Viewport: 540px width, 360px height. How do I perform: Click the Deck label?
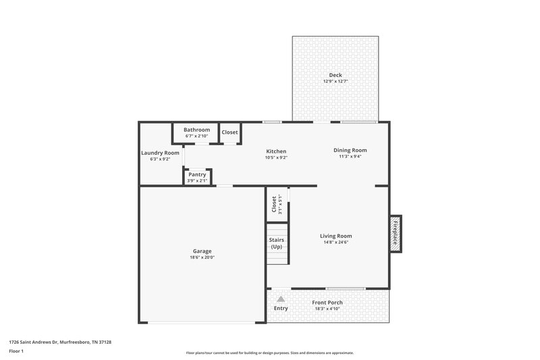[x=335, y=75]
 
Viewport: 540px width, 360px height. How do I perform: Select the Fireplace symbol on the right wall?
[x=396, y=234]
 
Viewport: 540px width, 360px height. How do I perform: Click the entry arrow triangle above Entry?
[x=281, y=297]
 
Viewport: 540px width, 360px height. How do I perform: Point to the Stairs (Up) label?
[x=277, y=243]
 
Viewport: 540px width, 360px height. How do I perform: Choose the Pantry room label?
[x=197, y=174]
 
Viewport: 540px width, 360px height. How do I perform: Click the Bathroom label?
[x=197, y=130]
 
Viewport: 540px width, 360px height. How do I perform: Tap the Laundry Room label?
[x=160, y=153]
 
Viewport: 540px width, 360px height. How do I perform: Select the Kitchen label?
[x=276, y=151]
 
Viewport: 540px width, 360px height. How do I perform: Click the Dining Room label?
[x=350, y=150]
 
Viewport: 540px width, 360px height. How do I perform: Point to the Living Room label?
[x=335, y=236]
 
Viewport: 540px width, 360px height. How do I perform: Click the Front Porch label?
[x=327, y=303]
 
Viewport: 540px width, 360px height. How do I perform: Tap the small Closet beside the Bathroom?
[x=230, y=132]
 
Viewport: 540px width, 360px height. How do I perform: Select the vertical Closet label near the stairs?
[x=274, y=204]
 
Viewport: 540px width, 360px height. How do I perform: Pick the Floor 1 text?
[x=17, y=351]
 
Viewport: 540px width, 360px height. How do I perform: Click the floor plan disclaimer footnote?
[x=269, y=353]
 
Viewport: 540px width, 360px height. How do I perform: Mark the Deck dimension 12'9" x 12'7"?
[x=335, y=81]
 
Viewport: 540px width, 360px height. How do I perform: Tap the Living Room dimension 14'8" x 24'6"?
[x=335, y=242]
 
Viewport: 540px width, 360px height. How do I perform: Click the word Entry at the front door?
[x=281, y=309]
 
